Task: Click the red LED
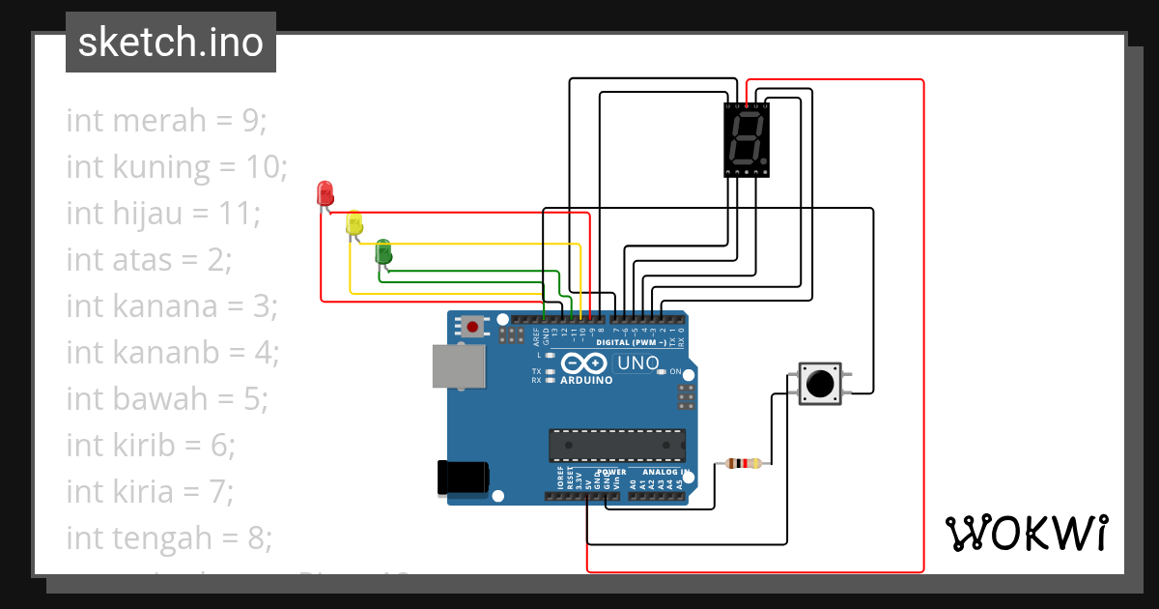[325, 192]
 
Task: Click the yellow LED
[354, 222]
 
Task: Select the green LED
[383, 251]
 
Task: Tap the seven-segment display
[748, 140]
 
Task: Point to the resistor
[742, 464]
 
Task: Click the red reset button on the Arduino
[472, 327]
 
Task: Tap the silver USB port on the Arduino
[459, 367]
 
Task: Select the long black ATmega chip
[616, 445]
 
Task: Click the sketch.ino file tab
[171, 43]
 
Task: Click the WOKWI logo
[1026, 533]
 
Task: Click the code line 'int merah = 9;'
[166, 121]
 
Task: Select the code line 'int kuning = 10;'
[177, 167]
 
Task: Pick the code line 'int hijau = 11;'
[163, 213]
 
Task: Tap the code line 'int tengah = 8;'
[169, 536]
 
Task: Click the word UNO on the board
[638, 364]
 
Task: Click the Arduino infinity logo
[581, 363]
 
